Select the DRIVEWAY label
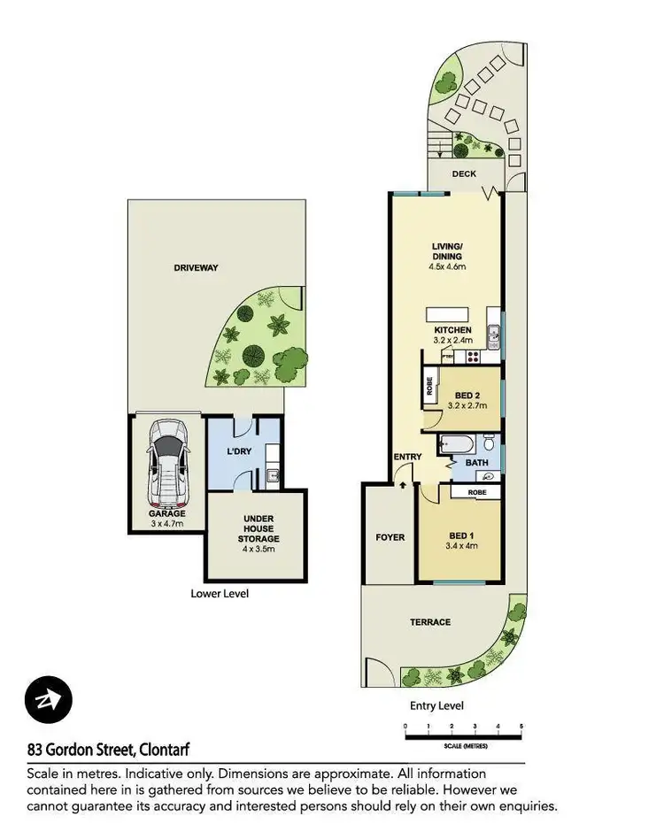tap(196, 267)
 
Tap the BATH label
tap(477, 463)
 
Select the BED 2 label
tap(467, 395)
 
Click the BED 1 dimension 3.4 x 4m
tap(460, 545)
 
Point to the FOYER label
tap(390, 537)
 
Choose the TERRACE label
tap(429, 622)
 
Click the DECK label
tap(465, 174)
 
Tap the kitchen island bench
tap(450, 315)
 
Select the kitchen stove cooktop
tap(471, 357)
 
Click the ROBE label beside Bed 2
tap(430, 385)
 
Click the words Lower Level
tap(220, 594)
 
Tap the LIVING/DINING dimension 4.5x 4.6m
tap(447, 266)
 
